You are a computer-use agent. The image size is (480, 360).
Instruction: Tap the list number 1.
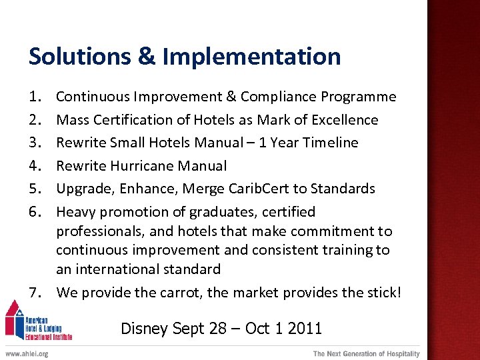pos(34,97)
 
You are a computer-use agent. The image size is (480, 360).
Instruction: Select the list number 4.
pos(34,166)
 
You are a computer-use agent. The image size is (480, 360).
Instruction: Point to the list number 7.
pos(34,292)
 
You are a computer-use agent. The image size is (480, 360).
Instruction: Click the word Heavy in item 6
pos(75,212)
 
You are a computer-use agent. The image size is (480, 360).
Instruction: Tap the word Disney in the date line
pos(145,329)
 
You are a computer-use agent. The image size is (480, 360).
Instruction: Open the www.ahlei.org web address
pos(27,354)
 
